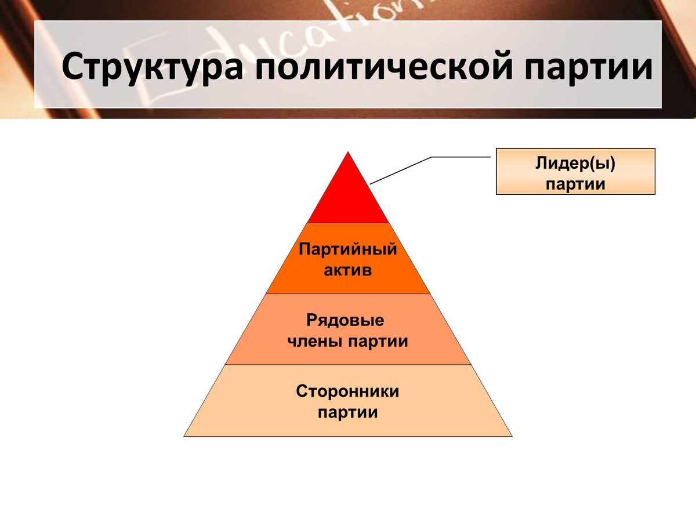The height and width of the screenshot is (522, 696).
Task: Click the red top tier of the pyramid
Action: pyautogui.click(x=348, y=197)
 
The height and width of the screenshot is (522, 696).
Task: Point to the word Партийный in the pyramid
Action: pyautogui.click(x=348, y=250)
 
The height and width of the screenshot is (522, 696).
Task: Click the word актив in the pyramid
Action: pyautogui.click(x=348, y=270)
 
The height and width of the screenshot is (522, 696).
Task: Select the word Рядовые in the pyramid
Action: pyautogui.click(x=345, y=321)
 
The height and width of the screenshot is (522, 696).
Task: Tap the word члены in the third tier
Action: pyautogui.click(x=316, y=342)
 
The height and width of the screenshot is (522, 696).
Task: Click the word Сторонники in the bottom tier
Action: pyautogui.click(x=348, y=391)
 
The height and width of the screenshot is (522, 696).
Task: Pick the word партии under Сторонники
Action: pyautogui.click(x=348, y=413)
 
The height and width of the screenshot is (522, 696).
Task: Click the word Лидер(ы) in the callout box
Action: pyautogui.click(x=575, y=164)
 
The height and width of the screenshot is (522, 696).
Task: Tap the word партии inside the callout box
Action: pyautogui.click(x=575, y=184)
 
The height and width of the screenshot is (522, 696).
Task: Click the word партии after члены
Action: pyautogui.click(x=378, y=342)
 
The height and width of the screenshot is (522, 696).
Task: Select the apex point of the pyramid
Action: pyautogui.click(x=348, y=153)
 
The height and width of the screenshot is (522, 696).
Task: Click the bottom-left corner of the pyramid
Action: pyautogui.click(x=185, y=436)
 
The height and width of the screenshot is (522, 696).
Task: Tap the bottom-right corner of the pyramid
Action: pyautogui.click(x=511, y=436)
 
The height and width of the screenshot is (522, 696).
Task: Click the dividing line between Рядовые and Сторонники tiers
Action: pyautogui.click(x=348, y=365)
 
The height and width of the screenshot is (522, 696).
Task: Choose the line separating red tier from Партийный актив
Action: pyautogui.click(x=348, y=223)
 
